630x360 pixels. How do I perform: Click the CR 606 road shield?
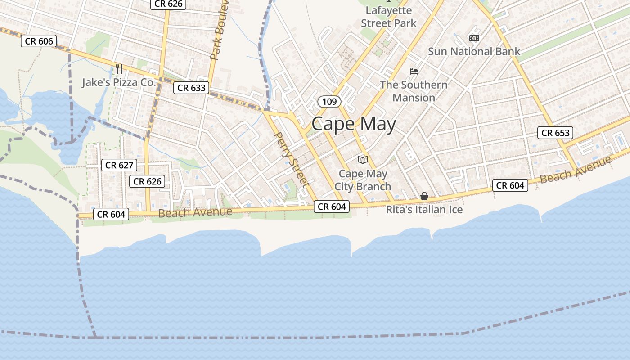pyautogui.click(x=39, y=41)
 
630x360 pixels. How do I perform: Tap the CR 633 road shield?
pyautogui.click(x=192, y=88)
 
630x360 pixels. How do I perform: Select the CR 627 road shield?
pyautogui.click(x=119, y=165)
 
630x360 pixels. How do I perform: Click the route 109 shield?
pyautogui.click(x=329, y=102)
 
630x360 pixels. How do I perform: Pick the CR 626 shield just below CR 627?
pyautogui.click(x=147, y=181)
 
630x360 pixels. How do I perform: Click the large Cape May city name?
pyautogui.click(x=354, y=124)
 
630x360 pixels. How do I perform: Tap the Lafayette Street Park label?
pyautogui.click(x=389, y=17)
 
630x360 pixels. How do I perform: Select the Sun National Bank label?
pyautogui.click(x=474, y=51)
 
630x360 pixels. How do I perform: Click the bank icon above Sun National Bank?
pyautogui.click(x=474, y=38)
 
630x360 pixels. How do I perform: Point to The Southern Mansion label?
pyautogui.click(x=414, y=91)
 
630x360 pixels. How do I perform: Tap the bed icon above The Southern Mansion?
pyautogui.click(x=414, y=71)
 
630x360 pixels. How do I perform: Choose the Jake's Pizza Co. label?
pyautogui.click(x=119, y=82)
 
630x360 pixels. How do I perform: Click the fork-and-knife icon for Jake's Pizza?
pyautogui.click(x=119, y=68)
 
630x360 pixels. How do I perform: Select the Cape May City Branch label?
pyautogui.click(x=363, y=180)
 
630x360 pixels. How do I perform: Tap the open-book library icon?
pyautogui.click(x=363, y=160)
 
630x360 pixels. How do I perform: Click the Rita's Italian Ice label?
pyautogui.click(x=424, y=209)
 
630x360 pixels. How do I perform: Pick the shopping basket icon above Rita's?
pyautogui.click(x=424, y=196)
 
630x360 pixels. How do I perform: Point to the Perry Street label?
pyautogui.click(x=292, y=159)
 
